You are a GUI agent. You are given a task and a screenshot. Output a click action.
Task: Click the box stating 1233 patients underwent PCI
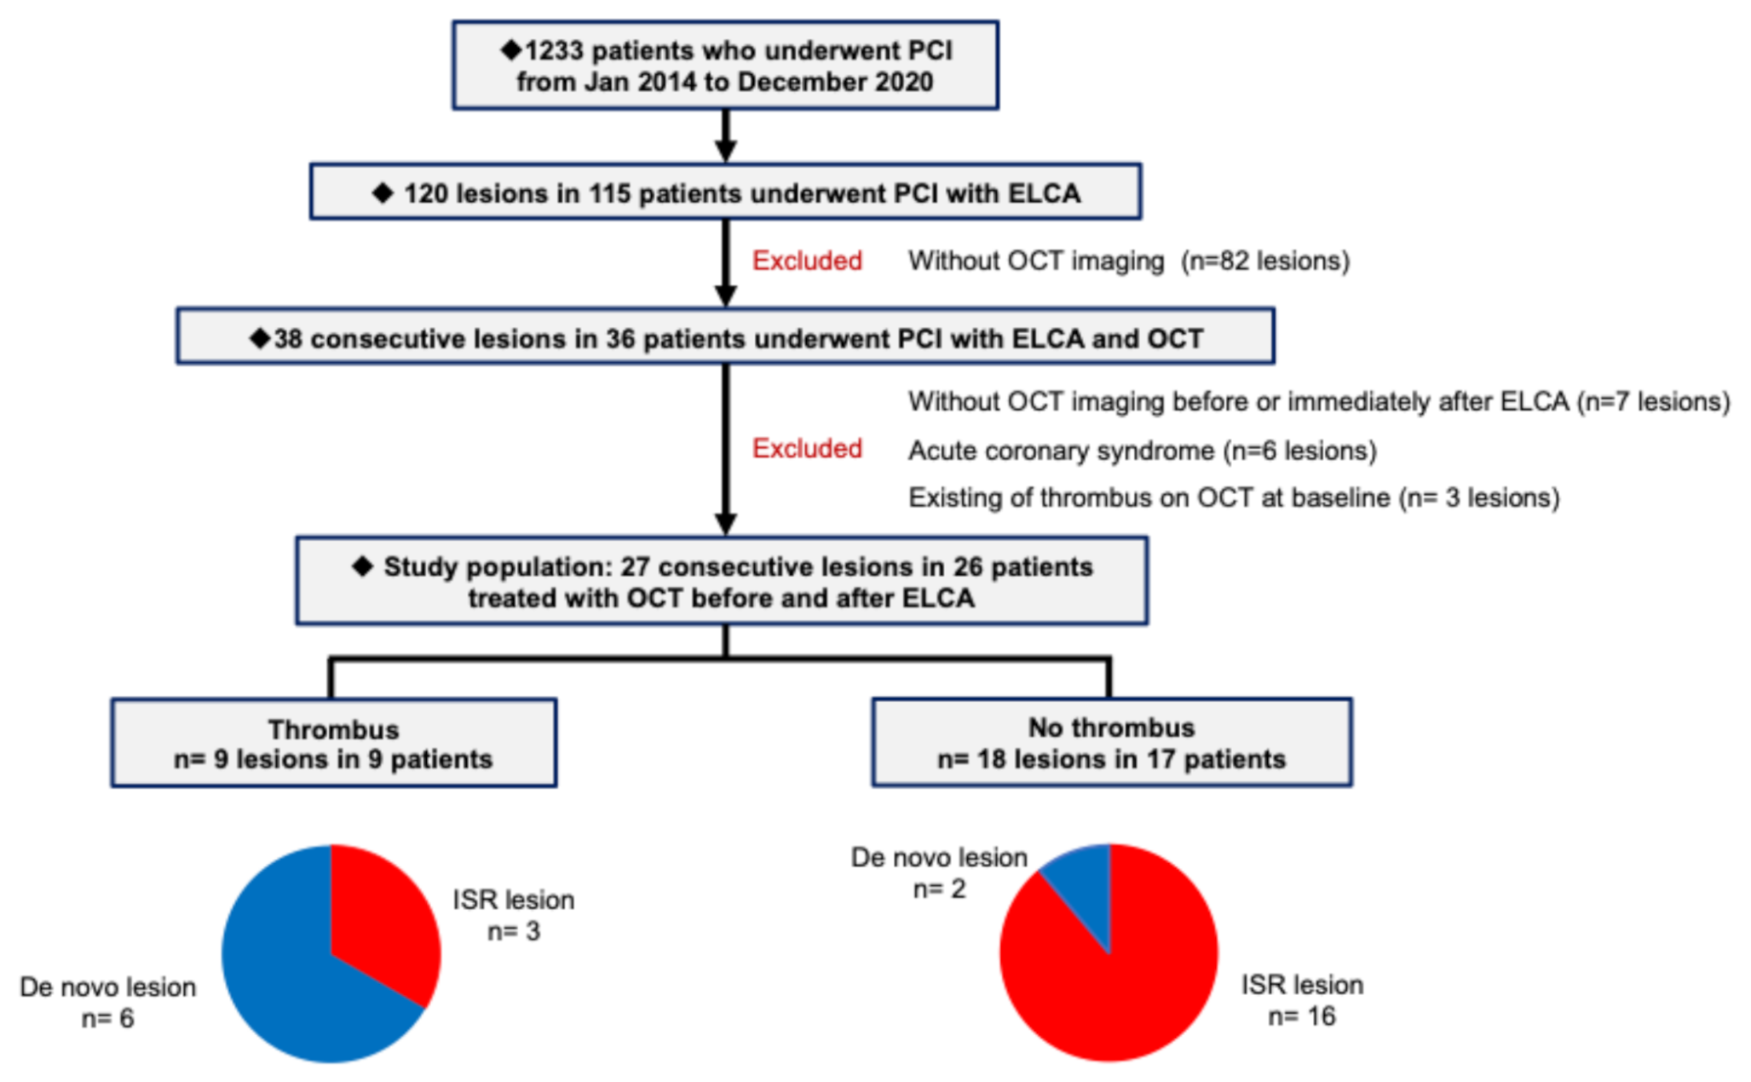click(x=725, y=66)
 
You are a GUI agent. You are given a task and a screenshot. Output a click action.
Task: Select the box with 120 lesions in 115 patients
click(x=725, y=193)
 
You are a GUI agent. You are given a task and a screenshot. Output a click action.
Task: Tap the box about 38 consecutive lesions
click(x=725, y=337)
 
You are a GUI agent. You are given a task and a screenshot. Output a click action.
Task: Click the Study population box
click(x=722, y=582)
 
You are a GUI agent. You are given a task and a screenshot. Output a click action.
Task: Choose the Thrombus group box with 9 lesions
click(x=333, y=744)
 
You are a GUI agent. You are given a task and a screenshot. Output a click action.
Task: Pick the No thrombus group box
click(x=1111, y=743)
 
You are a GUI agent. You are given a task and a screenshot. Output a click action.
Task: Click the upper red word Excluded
click(x=807, y=261)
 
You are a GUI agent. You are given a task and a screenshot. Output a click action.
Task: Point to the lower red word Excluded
click(x=807, y=448)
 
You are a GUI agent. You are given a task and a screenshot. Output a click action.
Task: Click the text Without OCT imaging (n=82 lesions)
click(x=1129, y=261)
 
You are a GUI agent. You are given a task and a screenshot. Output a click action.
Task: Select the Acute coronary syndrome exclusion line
click(x=1142, y=451)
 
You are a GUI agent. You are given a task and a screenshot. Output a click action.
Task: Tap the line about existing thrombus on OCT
click(x=1233, y=498)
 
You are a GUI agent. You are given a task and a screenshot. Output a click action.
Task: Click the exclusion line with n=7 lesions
click(x=1318, y=401)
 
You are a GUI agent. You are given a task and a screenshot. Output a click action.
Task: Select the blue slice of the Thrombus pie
click(x=290, y=980)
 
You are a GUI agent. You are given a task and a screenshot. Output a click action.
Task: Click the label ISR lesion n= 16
click(x=1301, y=1000)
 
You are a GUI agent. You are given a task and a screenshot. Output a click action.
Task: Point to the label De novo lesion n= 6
click(x=108, y=1002)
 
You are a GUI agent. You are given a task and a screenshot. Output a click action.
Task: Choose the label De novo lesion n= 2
click(x=939, y=872)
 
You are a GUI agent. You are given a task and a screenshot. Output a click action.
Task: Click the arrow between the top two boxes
click(x=725, y=136)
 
